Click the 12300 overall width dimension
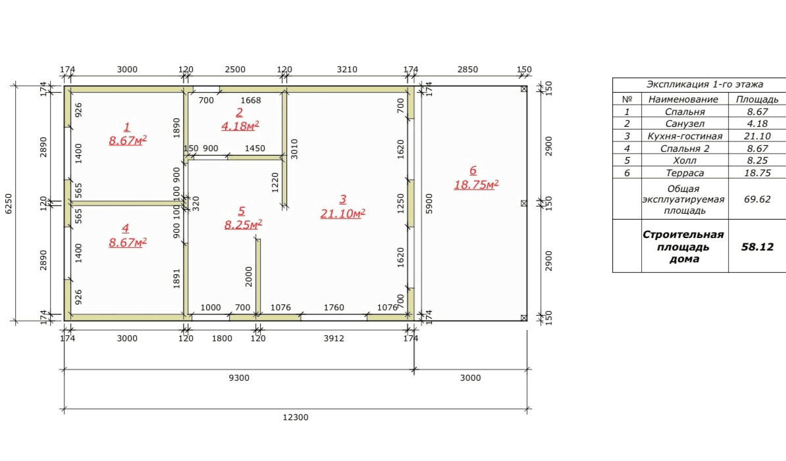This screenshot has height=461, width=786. [x=296, y=417]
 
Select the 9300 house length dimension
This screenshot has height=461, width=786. [x=238, y=378]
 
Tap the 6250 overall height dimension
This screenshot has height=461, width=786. [x=8, y=204]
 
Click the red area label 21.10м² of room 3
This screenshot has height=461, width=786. [x=343, y=213]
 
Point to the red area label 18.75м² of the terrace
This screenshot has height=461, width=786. [x=476, y=185]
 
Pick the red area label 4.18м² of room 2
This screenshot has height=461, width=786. [x=240, y=126]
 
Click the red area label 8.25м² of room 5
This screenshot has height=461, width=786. [x=243, y=225]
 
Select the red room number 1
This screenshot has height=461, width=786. [x=127, y=127]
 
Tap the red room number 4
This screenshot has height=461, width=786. [x=125, y=229]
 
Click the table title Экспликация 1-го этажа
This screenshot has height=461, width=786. [x=705, y=84]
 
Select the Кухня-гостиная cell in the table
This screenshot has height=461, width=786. [x=685, y=136]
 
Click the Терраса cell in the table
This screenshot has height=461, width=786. [x=685, y=173]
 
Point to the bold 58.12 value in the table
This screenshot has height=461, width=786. [x=757, y=247]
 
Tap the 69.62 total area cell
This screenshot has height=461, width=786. [x=757, y=199]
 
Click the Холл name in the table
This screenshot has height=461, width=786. [x=685, y=160]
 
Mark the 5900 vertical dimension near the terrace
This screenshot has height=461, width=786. [x=429, y=204]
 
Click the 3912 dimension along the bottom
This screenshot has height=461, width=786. [x=334, y=339]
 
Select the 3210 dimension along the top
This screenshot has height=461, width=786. [x=347, y=70]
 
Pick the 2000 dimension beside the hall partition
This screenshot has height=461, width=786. [x=249, y=276]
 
